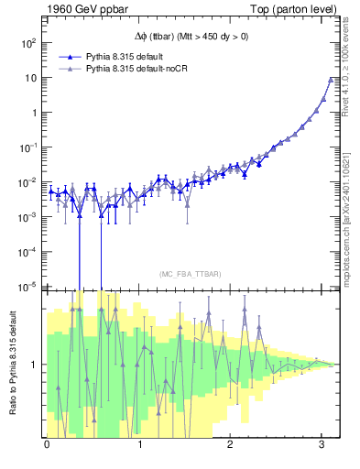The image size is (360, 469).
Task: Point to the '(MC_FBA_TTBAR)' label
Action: click(190, 275)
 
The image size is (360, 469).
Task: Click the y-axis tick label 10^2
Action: click(29, 43)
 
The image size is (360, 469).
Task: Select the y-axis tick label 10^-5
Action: click(29, 287)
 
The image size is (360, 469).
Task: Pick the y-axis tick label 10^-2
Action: click(29, 182)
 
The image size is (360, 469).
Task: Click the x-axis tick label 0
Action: click(47, 443)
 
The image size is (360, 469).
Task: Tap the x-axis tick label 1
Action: click(140, 443)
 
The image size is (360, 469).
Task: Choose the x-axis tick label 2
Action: click(233, 443)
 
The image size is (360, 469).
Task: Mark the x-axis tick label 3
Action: click(325, 443)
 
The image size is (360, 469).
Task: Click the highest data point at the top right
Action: click(331, 80)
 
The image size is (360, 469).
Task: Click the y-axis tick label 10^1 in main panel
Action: click(29, 78)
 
